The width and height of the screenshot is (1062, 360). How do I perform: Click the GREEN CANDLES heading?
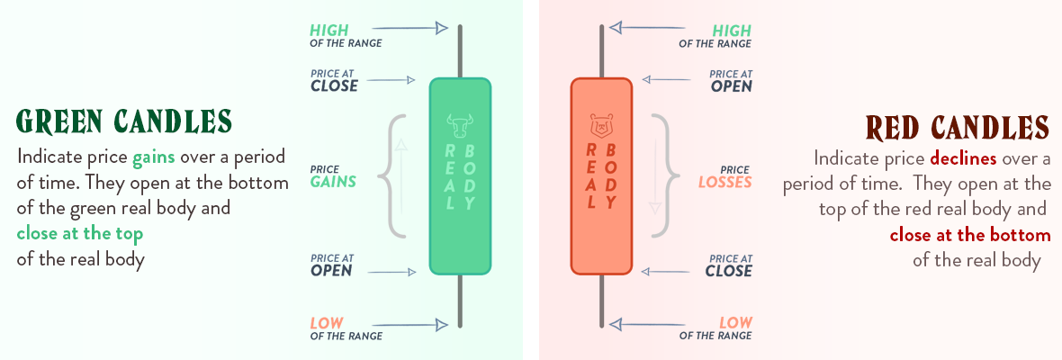point(124,121)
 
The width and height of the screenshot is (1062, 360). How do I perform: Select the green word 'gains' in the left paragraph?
point(154,157)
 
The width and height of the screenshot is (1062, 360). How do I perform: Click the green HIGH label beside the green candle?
point(330,31)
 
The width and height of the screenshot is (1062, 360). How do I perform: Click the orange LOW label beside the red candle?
point(735,322)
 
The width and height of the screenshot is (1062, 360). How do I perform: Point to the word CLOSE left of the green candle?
point(334,86)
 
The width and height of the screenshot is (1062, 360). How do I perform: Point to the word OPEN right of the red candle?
point(731,86)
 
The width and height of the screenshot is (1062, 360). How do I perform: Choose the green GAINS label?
point(333,182)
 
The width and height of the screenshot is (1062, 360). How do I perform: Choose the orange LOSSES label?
point(724,182)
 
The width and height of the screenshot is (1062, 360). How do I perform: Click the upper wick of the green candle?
point(460,52)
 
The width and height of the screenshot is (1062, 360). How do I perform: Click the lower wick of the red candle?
point(601,301)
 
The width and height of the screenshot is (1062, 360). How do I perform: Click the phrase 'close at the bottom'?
point(970,236)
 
